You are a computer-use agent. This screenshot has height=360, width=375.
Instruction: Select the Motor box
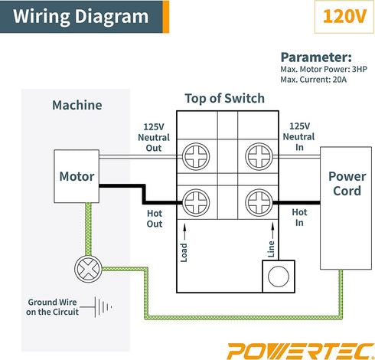pyautogui.click(x=77, y=176)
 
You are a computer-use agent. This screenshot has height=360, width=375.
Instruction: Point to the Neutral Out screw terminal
pyautogui.click(x=197, y=158)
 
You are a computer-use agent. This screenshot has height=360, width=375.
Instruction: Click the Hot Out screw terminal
pyautogui.click(x=197, y=203)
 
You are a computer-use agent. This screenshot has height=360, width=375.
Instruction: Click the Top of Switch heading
pyautogui.click(x=225, y=98)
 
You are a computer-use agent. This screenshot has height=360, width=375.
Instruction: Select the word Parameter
pyautogui.click(x=315, y=57)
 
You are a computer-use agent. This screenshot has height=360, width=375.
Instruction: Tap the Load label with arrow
pyautogui.click(x=184, y=241)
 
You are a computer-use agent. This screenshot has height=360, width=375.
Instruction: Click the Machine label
pyautogui.click(x=77, y=105)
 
